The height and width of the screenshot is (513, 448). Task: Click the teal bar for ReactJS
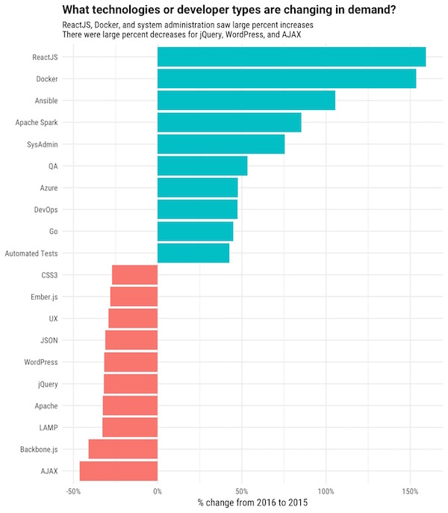(x=291, y=57)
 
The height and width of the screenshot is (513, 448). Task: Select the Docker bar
(x=287, y=79)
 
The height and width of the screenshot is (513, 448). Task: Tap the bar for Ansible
(x=246, y=100)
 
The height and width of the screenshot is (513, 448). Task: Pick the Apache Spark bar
(x=229, y=122)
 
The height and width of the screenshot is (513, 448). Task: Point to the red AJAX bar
(x=119, y=471)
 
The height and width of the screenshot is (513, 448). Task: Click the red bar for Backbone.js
(x=123, y=449)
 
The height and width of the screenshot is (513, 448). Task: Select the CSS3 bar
(x=135, y=275)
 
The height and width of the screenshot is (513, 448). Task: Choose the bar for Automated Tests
(x=193, y=254)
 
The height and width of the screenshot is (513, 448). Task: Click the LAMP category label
(x=46, y=428)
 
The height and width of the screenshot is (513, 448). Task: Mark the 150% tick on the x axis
(x=410, y=491)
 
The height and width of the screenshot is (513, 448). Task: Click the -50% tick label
(x=73, y=491)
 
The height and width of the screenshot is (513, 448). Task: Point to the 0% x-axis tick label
(x=158, y=491)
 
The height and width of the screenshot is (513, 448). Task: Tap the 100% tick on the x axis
(x=326, y=491)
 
